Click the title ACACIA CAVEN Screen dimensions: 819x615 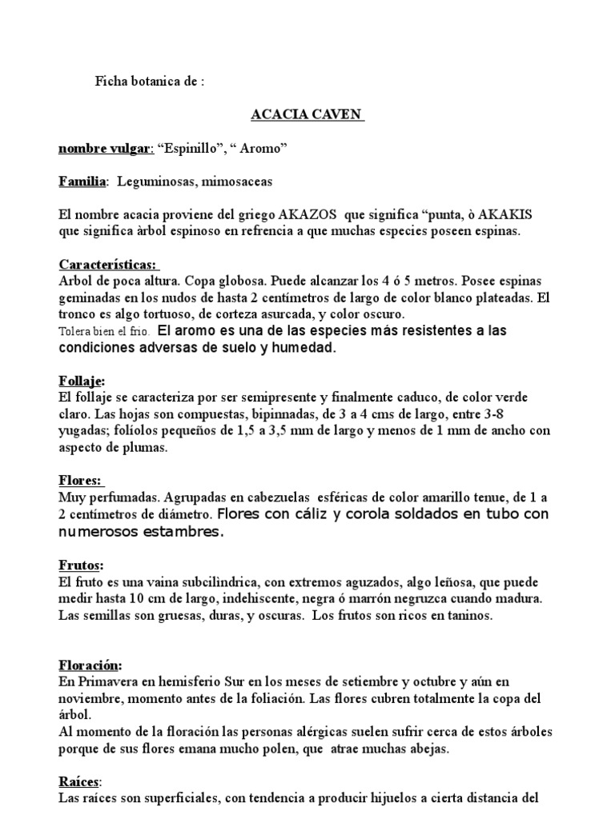click(x=307, y=115)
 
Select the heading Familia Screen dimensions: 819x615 click(x=82, y=182)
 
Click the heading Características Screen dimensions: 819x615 click(x=109, y=265)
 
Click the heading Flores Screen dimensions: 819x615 click(x=79, y=481)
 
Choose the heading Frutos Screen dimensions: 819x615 click(x=81, y=565)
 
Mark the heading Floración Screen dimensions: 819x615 click(x=90, y=665)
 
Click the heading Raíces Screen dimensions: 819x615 click(x=80, y=782)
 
